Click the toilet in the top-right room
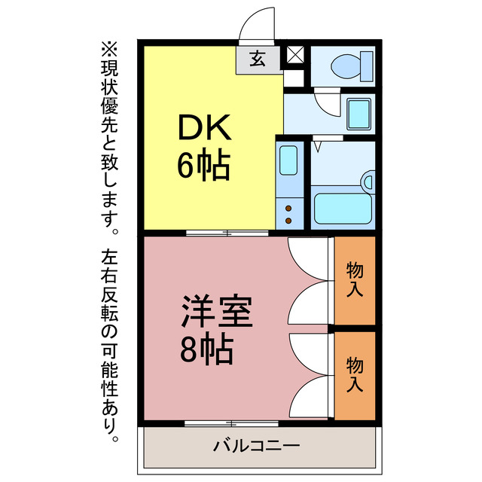tap(352, 65)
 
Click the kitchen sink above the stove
tap(288, 160)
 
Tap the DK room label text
tap(203, 130)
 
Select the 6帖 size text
tap(203, 166)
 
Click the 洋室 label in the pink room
tap(216, 311)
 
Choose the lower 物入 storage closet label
tap(355, 374)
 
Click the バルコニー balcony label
tap(256, 446)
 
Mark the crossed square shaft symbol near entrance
tap(294, 55)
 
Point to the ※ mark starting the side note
tap(110, 48)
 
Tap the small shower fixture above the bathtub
tap(368, 181)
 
